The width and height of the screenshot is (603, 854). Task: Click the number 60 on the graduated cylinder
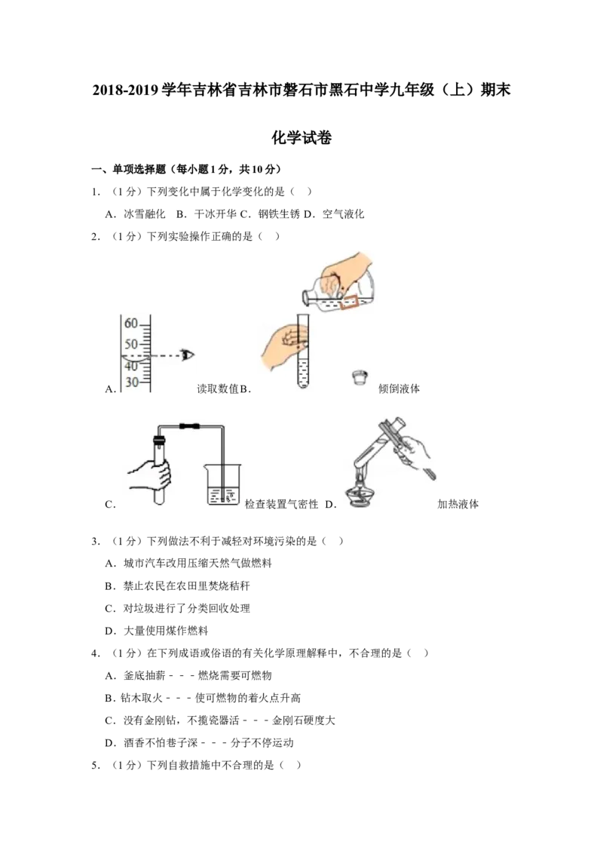click(x=131, y=324)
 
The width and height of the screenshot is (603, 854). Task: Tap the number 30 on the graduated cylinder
click(x=131, y=382)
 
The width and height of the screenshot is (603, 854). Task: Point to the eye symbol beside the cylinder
click(x=188, y=355)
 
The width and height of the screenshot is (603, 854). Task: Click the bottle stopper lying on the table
click(x=360, y=377)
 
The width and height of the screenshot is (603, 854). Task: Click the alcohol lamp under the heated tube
click(x=360, y=495)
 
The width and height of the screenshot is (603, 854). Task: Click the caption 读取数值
click(x=218, y=389)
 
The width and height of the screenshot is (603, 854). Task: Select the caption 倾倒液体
click(x=399, y=389)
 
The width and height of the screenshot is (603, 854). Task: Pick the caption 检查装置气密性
click(x=281, y=505)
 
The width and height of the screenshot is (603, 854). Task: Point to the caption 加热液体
click(x=458, y=505)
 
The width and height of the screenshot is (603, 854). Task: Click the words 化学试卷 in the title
click(x=301, y=137)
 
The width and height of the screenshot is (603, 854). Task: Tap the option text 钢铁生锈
click(x=279, y=214)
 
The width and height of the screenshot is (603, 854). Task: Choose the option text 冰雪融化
click(x=144, y=214)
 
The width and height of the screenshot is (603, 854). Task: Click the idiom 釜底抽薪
click(x=144, y=675)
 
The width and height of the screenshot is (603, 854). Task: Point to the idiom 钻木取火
click(x=142, y=698)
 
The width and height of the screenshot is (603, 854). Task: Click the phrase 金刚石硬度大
click(x=304, y=720)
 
